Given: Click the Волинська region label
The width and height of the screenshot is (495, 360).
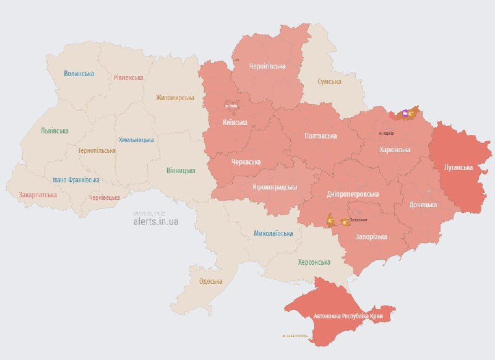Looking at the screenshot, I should pos(79,74).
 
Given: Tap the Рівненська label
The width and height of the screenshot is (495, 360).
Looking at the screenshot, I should pos(128,78).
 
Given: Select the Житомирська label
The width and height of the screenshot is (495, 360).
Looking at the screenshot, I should pos(175,98).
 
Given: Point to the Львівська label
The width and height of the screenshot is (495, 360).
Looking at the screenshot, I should pos(54,131).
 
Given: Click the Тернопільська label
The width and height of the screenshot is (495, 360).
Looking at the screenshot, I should pos(97,150).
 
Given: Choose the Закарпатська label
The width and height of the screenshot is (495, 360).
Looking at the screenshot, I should pos(38,195).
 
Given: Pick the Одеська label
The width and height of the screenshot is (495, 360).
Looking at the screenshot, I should pos(210,281).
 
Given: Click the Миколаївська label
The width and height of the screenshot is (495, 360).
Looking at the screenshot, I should pos(273,234).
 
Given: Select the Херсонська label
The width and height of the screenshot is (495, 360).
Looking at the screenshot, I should pos(314,262).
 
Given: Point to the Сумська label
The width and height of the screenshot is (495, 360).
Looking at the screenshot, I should pos(332,82).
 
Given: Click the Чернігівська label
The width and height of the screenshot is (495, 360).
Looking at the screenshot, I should pos(267,66).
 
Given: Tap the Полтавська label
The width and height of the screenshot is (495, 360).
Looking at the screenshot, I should pos(320,135).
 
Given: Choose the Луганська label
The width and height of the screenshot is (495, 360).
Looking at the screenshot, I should pos(458,168).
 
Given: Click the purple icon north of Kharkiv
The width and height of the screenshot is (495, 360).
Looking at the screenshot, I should pos(406,113).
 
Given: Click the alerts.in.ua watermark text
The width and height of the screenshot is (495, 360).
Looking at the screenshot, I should pos(155,221).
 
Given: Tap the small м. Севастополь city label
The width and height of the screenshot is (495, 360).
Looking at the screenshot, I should pos(296,336).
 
